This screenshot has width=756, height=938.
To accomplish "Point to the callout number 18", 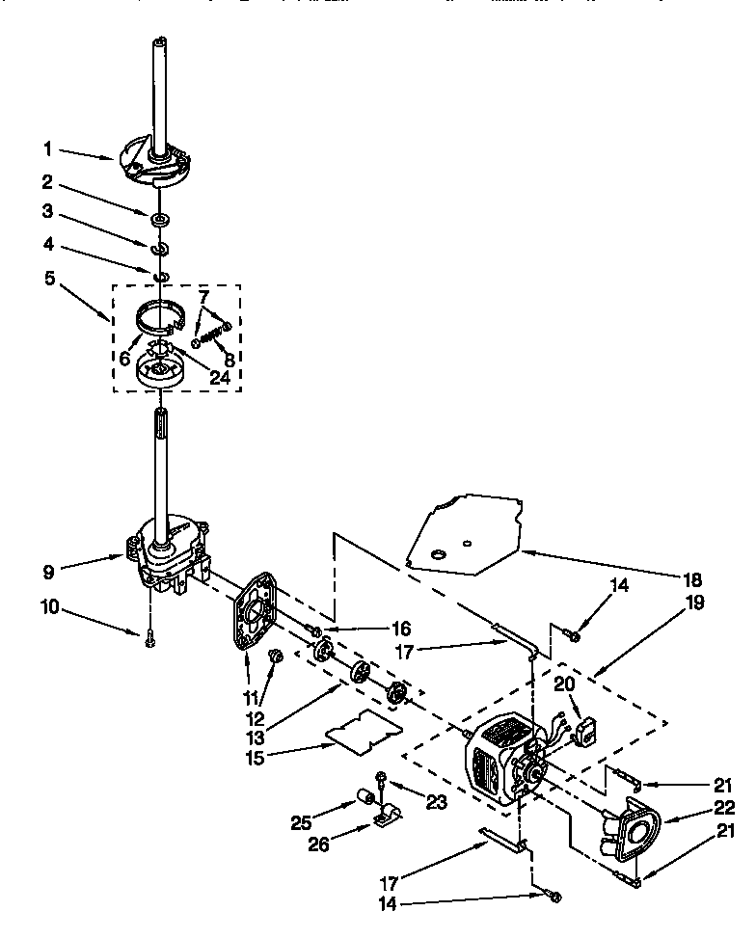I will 691,579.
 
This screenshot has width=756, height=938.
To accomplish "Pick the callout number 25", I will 302,822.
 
